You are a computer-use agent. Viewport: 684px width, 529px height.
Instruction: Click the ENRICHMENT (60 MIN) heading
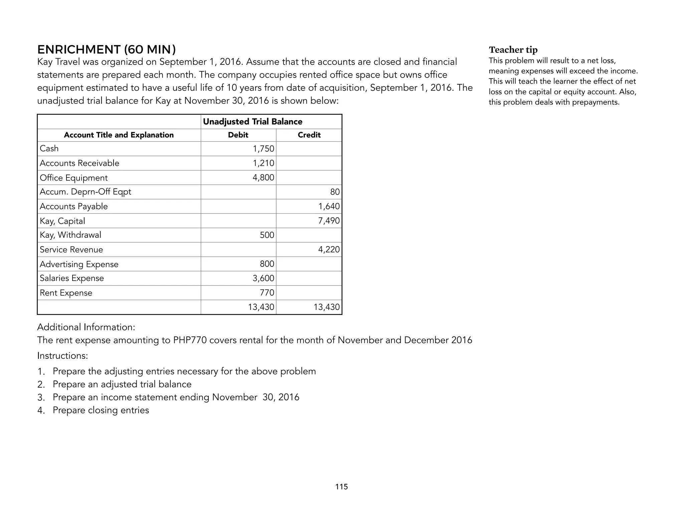tap(106, 49)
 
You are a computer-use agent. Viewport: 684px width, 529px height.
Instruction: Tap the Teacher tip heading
tap(513, 50)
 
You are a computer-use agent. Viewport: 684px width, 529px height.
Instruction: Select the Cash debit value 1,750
tap(263, 149)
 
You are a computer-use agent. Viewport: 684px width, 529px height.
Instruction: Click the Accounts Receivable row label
tap(79, 163)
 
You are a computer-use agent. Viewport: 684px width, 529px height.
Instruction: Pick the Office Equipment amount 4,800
tap(263, 178)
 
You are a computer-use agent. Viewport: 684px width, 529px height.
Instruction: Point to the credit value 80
tap(335, 192)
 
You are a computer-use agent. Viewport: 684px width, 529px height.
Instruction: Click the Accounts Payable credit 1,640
tap(329, 206)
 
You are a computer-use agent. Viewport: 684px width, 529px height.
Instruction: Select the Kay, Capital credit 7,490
tap(329, 221)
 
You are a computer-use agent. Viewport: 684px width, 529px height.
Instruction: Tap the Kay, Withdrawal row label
tap(70, 235)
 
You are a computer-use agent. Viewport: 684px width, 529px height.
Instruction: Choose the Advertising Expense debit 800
tap(267, 264)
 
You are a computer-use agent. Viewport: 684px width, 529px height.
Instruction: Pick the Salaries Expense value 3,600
tap(263, 278)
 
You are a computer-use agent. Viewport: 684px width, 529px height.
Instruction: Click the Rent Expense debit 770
tap(267, 293)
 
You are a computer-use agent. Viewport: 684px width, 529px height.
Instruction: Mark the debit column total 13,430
tap(261, 307)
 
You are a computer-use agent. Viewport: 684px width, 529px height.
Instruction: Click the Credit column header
tap(309, 135)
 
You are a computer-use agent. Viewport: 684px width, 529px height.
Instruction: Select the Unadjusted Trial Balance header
tap(252, 122)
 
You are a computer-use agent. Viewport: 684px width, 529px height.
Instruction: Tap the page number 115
tap(341, 487)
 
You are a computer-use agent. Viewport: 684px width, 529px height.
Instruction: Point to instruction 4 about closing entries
tap(101, 410)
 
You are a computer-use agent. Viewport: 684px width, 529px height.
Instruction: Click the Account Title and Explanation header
tap(119, 135)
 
